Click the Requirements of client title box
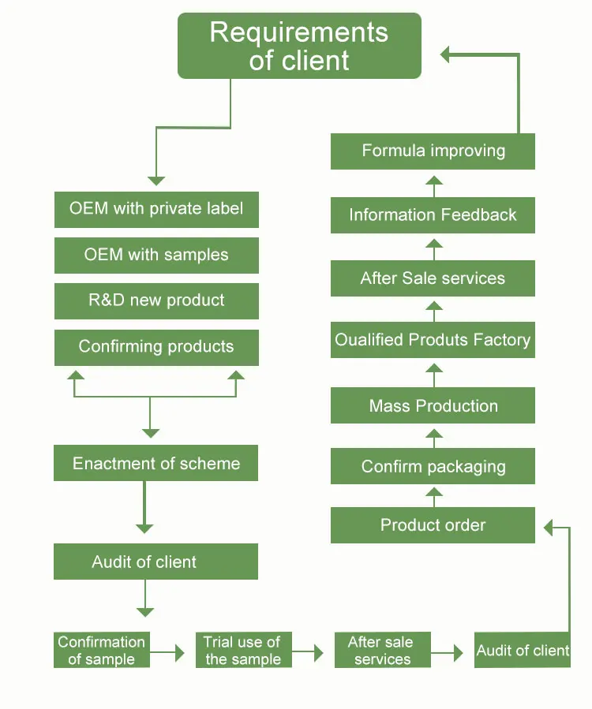[299, 46]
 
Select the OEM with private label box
[156, 210]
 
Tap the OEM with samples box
[156, 256]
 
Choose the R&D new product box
[156, 300]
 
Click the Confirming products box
[156, 347]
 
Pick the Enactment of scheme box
[156, 464]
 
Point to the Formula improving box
[433, 151]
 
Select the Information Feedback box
[433, 215]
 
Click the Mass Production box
[433, 406]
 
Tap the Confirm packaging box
[433, 466]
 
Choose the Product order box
[433, 525]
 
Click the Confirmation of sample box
[102, 651]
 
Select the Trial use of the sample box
[243, 651]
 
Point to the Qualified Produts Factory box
[433, 341]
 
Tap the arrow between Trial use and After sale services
[309, 653]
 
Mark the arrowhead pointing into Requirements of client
[446, 54]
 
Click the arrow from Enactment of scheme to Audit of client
[144, 509]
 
